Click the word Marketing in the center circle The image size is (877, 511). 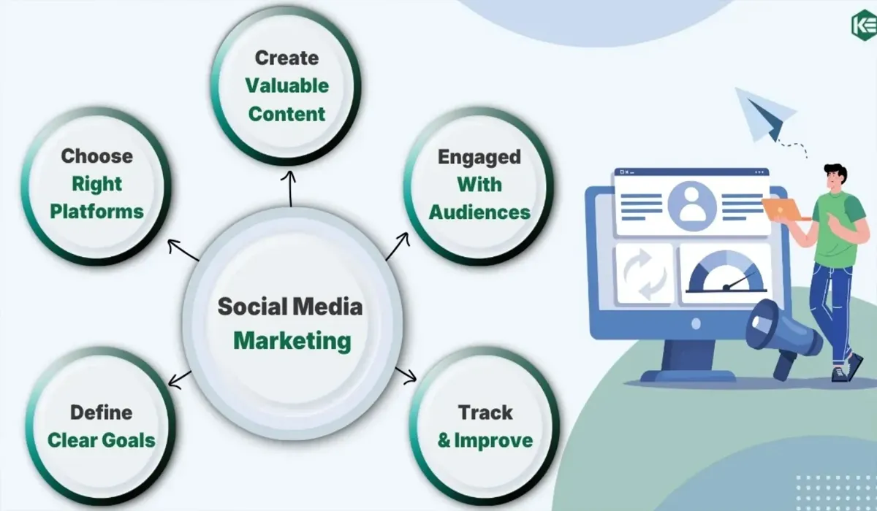point(292,342)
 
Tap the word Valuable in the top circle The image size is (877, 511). point(287,85)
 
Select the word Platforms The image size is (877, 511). point(96,212)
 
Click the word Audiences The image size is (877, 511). point(479,212)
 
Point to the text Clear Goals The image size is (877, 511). point(102,440)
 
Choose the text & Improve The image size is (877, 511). point(485,441)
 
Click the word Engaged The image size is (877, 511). point(479,157)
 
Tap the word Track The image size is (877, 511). point(485,412)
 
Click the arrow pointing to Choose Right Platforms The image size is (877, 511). point(183,250)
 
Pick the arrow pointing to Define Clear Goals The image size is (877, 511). point(180,380)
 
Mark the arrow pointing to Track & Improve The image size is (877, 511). point(406,375)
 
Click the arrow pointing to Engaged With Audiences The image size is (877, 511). point(398,246)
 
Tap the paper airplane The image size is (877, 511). point(765,114)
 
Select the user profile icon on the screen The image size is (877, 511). point(692,206)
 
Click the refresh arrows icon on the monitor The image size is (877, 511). point(644,274)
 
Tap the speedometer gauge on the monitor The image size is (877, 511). point(726,272)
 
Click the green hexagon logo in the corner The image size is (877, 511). point(864,25)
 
